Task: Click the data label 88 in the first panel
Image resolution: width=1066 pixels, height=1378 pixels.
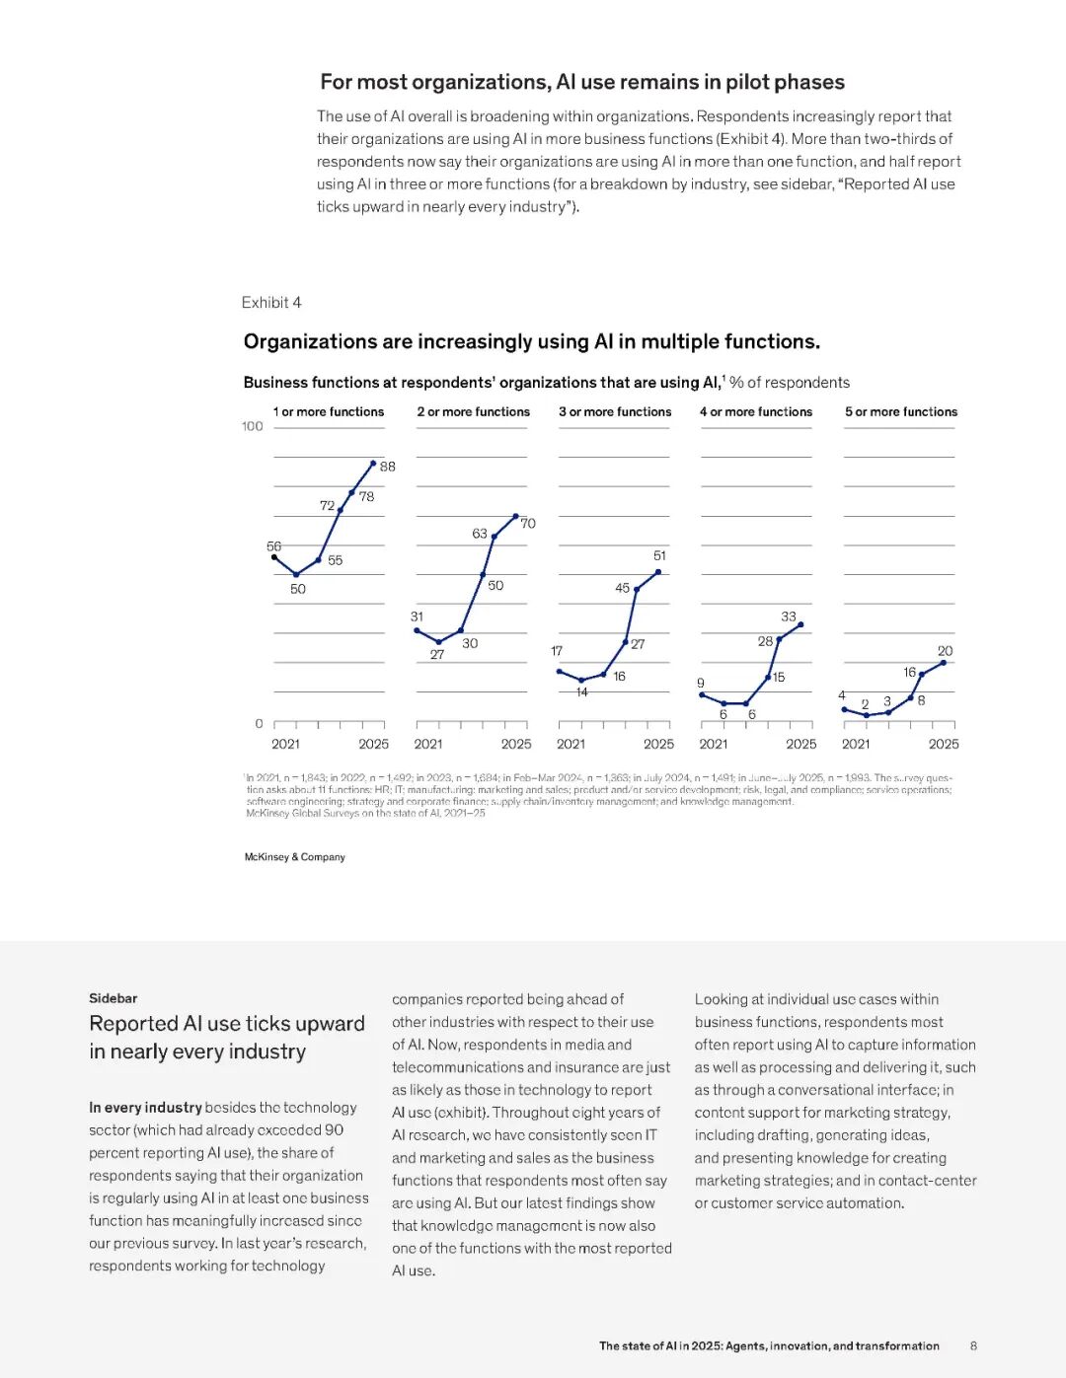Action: click(x=388, y=467)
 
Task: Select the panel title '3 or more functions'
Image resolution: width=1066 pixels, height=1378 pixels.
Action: click(x=615, y=412)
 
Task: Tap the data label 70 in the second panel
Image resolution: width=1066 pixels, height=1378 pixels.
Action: click(x=528, y=523)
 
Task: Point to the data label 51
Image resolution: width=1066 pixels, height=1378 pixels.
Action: click(x=659, y=555)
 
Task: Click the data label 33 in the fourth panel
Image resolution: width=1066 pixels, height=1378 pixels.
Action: click(x=789, y=616)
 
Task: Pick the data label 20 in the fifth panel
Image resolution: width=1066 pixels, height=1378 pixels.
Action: click(x=945, y=651)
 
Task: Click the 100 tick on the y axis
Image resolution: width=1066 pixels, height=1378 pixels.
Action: click(x=253, y=426)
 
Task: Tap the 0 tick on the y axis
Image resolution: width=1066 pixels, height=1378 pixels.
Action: click(x=259, y=724)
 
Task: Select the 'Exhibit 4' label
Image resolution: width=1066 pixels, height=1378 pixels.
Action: click(x=271, y=303)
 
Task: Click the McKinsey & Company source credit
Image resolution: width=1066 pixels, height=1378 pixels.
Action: click(x=295, y=857)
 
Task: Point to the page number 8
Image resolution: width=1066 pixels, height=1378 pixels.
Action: click(x=973, y=1345)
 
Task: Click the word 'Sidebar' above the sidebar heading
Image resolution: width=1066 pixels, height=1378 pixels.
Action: click(x=114, y=998)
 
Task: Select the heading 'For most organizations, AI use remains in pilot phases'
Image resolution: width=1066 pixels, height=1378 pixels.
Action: click(x=582, y=82)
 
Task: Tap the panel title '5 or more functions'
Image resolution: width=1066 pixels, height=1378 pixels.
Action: click(x=901, y=412)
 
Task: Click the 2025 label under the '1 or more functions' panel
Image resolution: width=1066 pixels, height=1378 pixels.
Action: click(x=373, y=744)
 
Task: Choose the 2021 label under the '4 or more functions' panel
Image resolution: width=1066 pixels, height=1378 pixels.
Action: click(x=714, y=744)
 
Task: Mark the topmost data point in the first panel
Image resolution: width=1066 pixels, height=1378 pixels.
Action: click(x=373, y=463)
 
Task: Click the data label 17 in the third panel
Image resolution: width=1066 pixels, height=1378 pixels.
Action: click(x=557, y=651)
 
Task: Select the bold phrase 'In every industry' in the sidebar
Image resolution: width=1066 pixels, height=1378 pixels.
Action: click(x=145, y=1108)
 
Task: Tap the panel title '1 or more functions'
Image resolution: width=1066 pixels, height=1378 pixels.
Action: click(x=329, y=412)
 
